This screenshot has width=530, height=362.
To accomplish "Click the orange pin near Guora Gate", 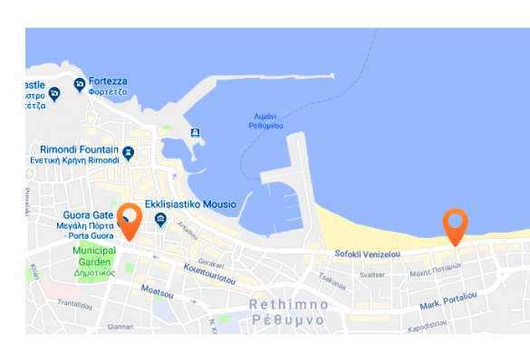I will tap(130, 220).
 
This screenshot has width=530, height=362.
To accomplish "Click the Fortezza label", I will tap(108, 81).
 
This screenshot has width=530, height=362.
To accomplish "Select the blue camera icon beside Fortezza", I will tap(80, 85).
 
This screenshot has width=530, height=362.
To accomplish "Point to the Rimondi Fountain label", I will tap(79, 148).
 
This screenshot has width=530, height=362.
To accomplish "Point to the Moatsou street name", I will tap(158, 291).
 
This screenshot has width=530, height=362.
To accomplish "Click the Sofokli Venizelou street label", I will tap(367, 254).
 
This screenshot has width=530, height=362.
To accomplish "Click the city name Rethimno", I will tap(287, 304).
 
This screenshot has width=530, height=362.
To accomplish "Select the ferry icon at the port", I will tap(195, 132).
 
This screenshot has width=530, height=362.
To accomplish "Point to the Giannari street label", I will tap(120, 327).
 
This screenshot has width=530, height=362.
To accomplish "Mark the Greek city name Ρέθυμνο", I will tap(287, 320).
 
